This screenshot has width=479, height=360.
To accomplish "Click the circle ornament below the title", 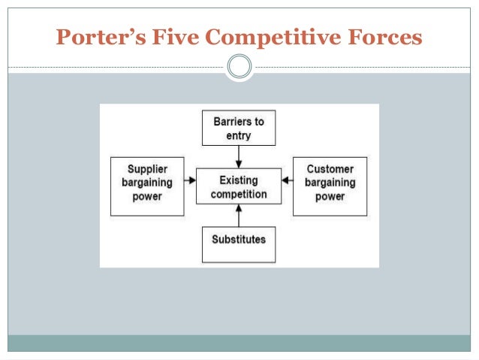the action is [239, 67].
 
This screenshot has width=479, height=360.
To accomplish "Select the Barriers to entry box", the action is [239, 128].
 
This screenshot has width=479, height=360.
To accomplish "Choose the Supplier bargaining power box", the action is [147, 186].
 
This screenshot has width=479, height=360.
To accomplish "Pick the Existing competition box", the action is [239, 187].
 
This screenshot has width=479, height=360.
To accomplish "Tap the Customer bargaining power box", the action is [330, 186].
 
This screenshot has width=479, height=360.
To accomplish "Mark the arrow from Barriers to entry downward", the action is [239, 157].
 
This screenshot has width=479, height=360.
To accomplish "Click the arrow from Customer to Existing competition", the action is [287, 181].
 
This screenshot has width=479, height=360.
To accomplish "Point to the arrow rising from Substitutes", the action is [239, 216].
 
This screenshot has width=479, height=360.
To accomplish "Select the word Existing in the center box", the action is [239, 180].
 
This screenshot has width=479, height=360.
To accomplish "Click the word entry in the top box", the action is [239, 135].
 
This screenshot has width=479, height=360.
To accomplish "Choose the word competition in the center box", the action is [239, 194].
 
